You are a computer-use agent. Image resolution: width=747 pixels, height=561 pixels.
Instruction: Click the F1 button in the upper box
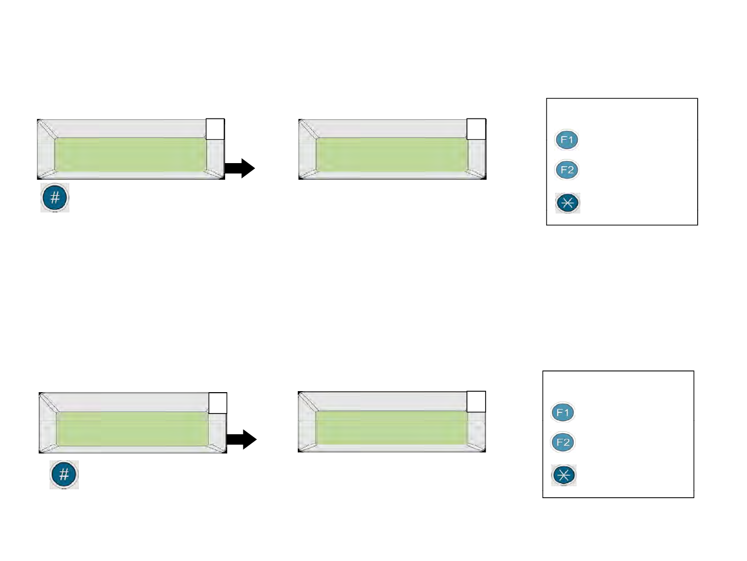pos(566,140)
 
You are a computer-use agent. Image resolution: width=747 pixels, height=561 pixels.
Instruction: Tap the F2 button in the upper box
pos(566,170)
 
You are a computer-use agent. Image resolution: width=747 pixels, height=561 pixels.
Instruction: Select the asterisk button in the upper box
pos(568,203)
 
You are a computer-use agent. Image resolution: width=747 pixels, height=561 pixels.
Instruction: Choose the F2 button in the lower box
pos(563,443)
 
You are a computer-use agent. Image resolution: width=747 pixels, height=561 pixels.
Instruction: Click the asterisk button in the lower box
pos(564,475)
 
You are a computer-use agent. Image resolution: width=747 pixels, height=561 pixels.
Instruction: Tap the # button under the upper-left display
pos(55,198)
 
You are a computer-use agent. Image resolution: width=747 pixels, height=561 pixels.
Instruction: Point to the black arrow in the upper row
pos(240,168)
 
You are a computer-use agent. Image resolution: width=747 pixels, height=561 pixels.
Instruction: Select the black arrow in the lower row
pos(242,439)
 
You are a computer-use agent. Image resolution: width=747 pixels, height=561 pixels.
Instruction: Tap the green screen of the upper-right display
pos(392,155)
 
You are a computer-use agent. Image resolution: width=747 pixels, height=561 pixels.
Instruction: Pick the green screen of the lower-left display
pos(133,429)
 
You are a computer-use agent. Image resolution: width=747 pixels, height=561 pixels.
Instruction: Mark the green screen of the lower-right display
pos(392,428)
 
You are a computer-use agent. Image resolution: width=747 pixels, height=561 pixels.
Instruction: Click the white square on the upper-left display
pos(215,129)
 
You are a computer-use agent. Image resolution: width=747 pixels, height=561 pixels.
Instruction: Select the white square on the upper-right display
pos(476,129)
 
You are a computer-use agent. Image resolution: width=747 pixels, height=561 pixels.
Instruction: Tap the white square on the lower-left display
pos(218,403)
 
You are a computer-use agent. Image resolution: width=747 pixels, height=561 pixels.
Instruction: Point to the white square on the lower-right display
pos(476,402)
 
